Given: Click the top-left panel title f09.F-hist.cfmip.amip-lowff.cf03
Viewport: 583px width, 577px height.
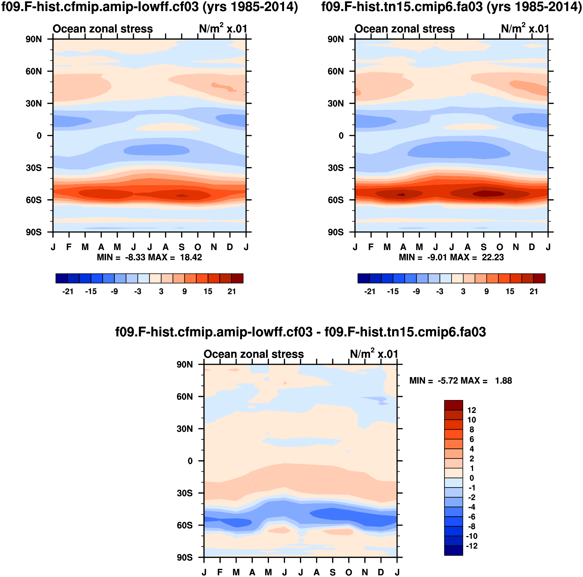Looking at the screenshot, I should click(x=149, y=7).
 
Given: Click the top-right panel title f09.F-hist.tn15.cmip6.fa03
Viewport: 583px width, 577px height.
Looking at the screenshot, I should click(x=451, y=7).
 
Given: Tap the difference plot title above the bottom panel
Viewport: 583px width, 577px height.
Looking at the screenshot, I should click(x=300, y=332).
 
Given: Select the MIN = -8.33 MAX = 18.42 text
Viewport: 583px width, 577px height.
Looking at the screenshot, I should click(x=149, y=257).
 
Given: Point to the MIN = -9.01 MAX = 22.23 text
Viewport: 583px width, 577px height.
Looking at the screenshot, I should click(x=451, y=257).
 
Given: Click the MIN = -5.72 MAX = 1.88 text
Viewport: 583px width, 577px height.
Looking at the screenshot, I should click(x=461, y=381).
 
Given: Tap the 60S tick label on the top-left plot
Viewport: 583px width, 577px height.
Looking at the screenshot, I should click(x=34, y=200).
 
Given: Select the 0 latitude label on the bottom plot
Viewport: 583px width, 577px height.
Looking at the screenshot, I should click(x=190, y=461).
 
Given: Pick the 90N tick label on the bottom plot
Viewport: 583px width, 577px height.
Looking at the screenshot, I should click(x=185, y=365).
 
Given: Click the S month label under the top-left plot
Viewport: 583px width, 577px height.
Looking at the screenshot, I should click(x=182, y=247).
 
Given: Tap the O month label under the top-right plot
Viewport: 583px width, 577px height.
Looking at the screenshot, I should click(x=500, y=247).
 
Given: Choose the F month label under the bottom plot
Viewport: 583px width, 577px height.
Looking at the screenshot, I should click(x=220, y=572).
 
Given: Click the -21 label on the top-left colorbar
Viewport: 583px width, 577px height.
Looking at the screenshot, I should click(x=68, y=291).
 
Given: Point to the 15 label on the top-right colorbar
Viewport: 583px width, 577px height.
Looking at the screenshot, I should click(x=510, y=291).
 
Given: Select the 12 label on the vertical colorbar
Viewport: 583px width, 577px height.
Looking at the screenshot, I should click(x=471, y=410).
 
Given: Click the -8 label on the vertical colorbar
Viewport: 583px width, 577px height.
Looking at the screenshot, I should click(x=471, y=526).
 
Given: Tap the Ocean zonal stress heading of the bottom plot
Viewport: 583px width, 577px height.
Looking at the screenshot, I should click(x=253, y=354).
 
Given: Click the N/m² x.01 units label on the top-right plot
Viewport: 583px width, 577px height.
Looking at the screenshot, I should click(x=525, y=29).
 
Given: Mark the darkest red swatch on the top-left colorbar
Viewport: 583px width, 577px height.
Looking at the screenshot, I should click(x=237, y=278).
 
